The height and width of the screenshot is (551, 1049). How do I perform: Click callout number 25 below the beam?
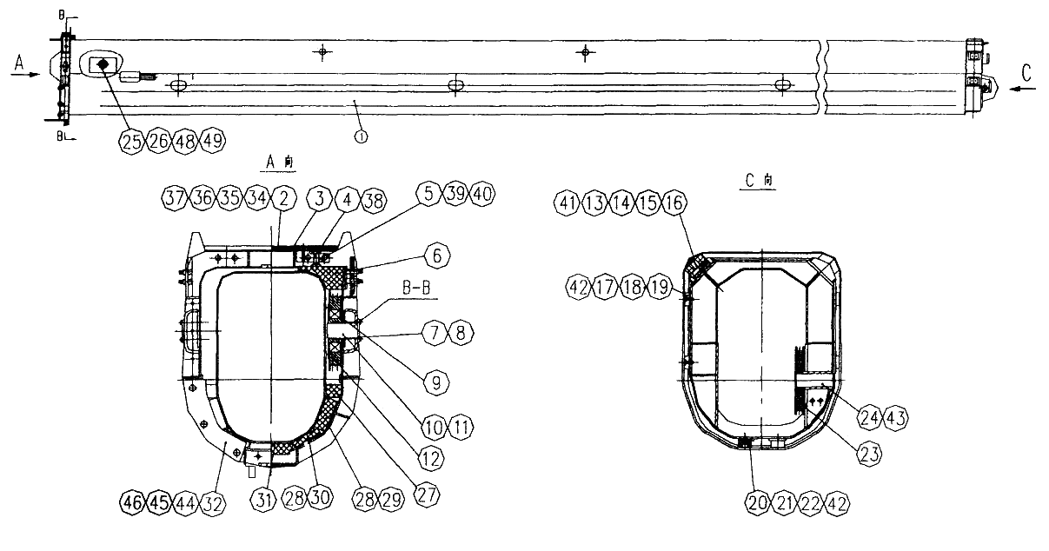(132, 141)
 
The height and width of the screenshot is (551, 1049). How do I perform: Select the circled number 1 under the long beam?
(361, 136)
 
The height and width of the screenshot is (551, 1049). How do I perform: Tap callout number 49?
(213, 141)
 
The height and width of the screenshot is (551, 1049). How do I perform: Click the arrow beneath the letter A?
(26, 75)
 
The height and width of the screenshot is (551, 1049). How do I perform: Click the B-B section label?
(417, 288)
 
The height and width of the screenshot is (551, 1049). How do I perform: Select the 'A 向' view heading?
(280, 163)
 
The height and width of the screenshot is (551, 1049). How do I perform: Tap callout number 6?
(437, 256)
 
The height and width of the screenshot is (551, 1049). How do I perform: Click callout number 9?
(436, 383)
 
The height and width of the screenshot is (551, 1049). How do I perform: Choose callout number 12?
(431, 459)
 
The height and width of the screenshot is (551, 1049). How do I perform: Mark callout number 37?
(175, 198)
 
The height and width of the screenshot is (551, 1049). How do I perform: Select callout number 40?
(482, 194)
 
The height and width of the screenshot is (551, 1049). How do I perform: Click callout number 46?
(132, 502)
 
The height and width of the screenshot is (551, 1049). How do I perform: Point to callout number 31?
(263, 499)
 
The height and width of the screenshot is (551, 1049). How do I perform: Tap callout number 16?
(674, 202)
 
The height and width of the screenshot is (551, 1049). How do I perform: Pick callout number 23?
(870, 454)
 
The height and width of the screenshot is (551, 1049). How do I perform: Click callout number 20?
(757, 503)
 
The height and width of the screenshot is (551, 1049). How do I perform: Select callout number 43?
(896, 417)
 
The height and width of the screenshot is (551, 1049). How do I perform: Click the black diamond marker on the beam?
(103, 64)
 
